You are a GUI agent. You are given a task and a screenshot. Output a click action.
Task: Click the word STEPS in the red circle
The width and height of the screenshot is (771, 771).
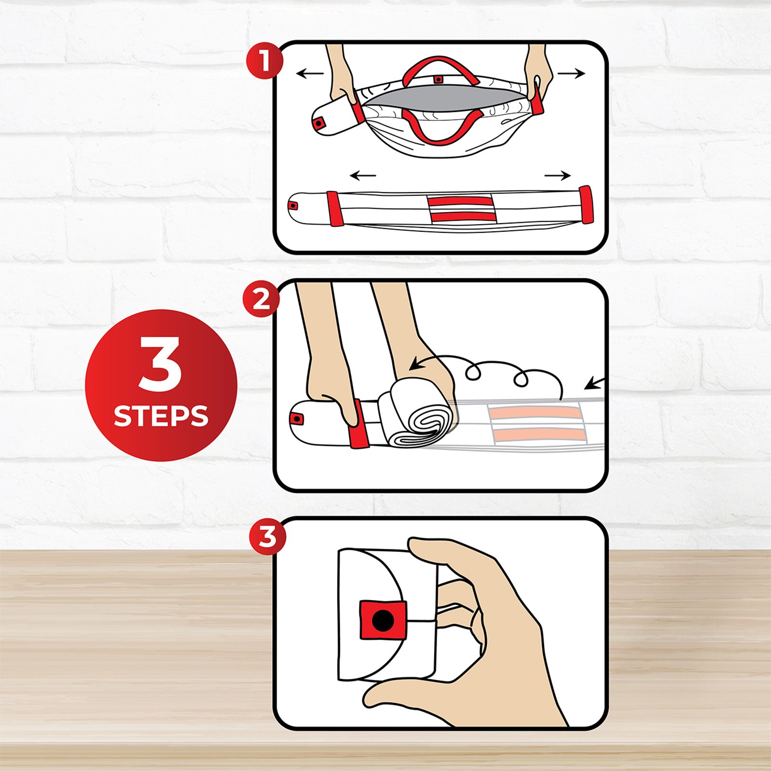(161, 416)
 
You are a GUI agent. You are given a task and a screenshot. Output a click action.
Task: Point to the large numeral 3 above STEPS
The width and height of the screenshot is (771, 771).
(160, 364)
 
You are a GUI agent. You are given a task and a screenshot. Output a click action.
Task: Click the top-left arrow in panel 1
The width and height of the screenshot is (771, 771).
(310, 74)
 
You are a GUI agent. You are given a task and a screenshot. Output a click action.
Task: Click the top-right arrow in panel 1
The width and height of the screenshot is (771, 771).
(571, 74)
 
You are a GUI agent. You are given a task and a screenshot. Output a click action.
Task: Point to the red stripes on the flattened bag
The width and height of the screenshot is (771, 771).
(462, 209)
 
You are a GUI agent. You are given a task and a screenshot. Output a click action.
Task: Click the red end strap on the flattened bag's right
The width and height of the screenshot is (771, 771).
(586, 205)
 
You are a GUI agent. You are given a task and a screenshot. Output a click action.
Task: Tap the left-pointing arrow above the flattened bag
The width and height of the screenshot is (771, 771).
(363, 175)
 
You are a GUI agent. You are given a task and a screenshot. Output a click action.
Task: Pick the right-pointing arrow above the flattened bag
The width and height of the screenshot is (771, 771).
(558, 175)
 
